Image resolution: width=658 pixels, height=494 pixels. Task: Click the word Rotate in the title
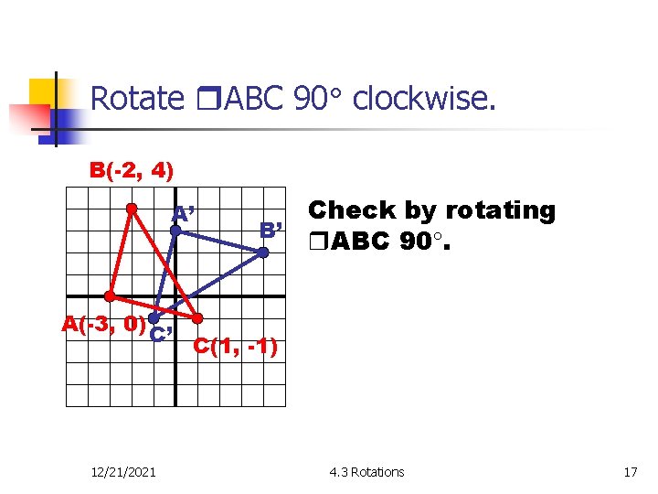[x=137, y=99]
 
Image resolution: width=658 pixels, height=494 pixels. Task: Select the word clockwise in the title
[x=424, y=99]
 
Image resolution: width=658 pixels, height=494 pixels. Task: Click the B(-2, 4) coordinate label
[x=132, y=170]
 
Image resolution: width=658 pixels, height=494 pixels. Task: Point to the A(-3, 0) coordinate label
[x=103, y=323]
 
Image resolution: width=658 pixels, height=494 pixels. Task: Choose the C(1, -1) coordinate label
[x=234, y=347]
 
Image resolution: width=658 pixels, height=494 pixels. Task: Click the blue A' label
[x=188, y=215]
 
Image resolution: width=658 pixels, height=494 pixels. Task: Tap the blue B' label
[x=272, y=229]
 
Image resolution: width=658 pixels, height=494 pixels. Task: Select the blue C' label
[x=163, y=333]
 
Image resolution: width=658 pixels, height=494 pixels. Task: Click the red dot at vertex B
[x=132, y=209]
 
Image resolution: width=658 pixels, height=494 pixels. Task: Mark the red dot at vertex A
[x=110, y=296]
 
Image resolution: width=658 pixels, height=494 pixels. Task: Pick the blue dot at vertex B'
[x=261, y=252]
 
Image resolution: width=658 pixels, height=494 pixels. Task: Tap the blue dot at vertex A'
[x=175, y=231]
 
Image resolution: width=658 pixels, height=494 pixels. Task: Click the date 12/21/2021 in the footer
[x=124, y=472]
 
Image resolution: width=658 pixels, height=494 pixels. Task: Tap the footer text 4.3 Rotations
[x=366, y=472]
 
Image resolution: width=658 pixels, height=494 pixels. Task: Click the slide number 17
[x=630, y=472]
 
